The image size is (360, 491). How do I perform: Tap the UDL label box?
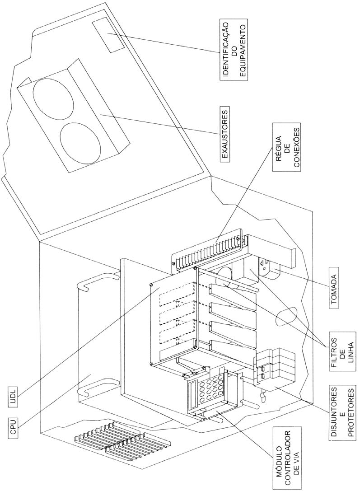tap(13, 397)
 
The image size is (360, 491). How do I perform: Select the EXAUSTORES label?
tap(225, 134)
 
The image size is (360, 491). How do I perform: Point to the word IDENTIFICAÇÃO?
tap(225, 50)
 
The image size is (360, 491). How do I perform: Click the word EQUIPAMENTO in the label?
tap(243, 50)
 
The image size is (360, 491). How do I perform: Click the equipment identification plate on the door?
tap(108, 37)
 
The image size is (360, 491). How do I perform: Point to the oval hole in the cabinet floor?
tap(287, 315)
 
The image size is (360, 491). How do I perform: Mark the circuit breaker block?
tap(276, 366)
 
